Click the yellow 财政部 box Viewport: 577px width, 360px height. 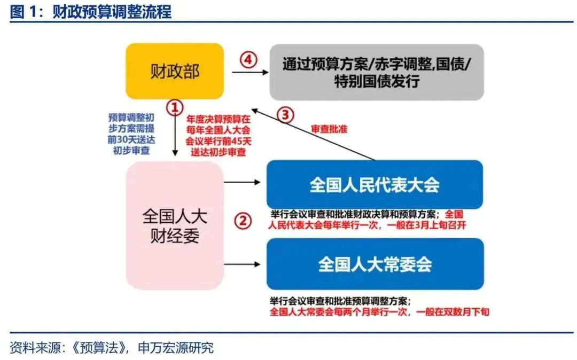coord(175,71)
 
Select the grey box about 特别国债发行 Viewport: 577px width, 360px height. coord(377,72)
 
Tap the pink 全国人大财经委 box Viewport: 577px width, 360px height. coord(175,226)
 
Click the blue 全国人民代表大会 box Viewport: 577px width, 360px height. coord(375,185)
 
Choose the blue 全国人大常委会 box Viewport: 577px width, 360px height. coord(375,264)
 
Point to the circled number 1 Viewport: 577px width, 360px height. coord(175,108)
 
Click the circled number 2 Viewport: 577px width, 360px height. coord(243,221)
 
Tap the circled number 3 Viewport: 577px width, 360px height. coord(285,115)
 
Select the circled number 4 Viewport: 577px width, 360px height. coord(248,60)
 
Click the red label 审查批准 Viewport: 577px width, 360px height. coord(329,129)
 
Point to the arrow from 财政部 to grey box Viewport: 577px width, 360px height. coord(250,72)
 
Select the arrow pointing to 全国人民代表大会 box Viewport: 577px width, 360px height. coord(242,182)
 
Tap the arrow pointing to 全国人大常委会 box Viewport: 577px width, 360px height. coord(242,264)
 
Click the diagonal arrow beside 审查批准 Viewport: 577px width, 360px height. coord(313,134)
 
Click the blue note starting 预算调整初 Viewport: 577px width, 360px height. coord(131,134)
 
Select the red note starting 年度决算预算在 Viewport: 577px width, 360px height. coord(218,136)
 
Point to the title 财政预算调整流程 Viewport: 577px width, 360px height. coord(112,11)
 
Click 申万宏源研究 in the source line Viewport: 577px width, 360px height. coord(176,348)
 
